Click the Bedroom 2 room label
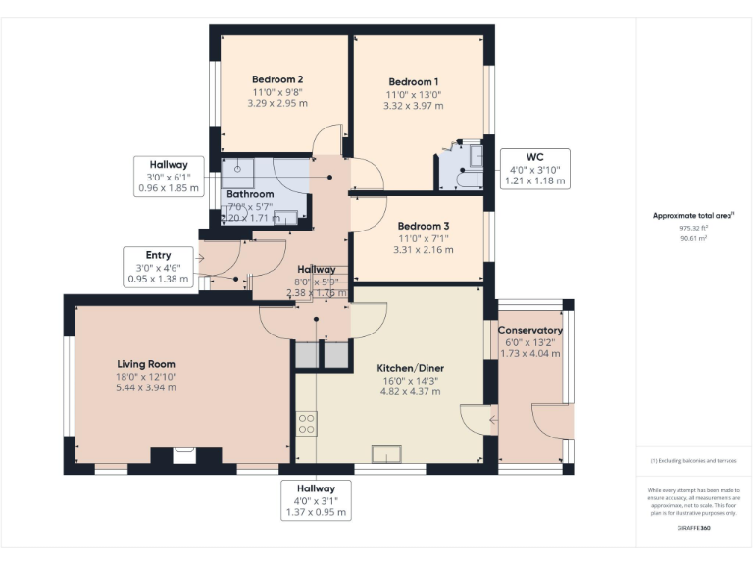[277, 79]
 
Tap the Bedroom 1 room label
[413, 81]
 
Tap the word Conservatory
[529, 331]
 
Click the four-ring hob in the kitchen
[306, 424]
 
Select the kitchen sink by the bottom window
[386, 453]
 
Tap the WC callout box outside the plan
[535, 169]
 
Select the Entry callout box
[158, 267]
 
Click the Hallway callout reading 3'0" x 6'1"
[169, 176]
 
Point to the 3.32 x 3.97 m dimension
[413, 106]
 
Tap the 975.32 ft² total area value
[694, 227]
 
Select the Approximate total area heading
[694, 215]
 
